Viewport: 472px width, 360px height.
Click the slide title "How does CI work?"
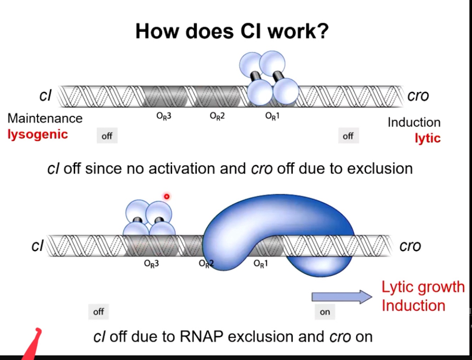232,31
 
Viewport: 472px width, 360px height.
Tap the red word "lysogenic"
38,134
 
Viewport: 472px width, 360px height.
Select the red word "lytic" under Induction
427,138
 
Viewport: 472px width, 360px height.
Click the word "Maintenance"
45,118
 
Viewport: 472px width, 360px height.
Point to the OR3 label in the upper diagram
164,116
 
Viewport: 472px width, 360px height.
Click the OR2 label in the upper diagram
217,116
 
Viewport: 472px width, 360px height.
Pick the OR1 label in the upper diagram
272,116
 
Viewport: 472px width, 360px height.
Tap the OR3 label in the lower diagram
151,263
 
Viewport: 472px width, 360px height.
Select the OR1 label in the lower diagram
261,263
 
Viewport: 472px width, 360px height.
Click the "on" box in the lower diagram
325,312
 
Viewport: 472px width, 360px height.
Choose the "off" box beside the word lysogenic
107,136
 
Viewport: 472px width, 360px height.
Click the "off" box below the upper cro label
348,136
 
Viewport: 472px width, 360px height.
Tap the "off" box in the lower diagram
98,312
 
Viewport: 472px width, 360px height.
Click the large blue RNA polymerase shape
269,219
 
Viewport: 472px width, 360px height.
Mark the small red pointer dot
167,196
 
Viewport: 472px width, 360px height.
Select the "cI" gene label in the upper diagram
45,95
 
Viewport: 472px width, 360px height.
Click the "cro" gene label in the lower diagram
410,246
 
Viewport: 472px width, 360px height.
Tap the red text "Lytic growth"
423,287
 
